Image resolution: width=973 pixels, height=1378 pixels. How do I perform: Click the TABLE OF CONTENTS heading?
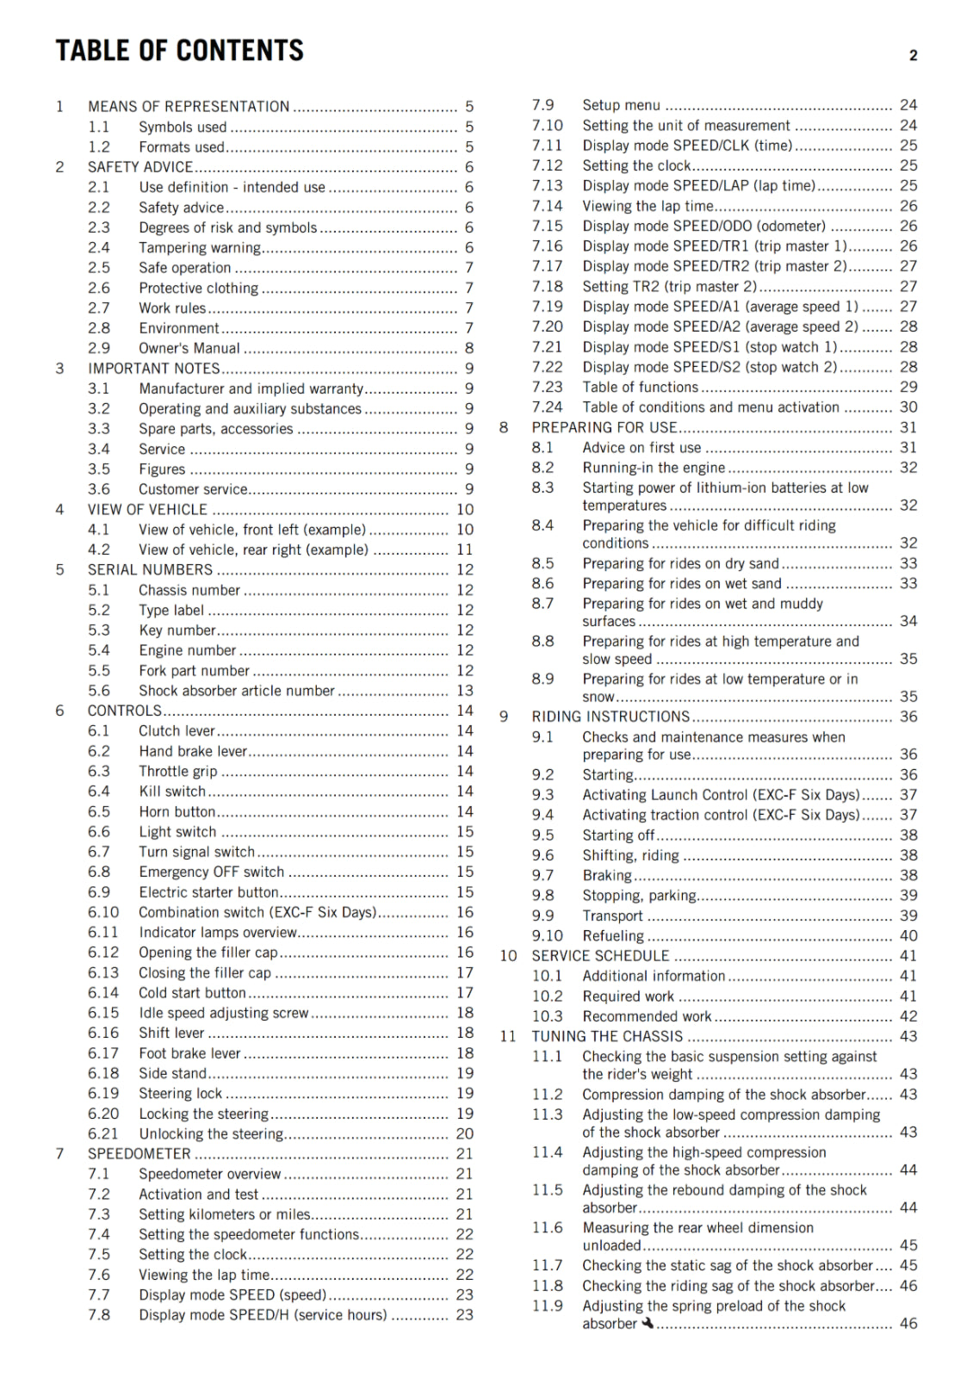[179, 51]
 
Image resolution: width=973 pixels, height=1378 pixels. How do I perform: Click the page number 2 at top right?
[913, 56]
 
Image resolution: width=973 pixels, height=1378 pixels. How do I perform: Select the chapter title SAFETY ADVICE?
[140, 167]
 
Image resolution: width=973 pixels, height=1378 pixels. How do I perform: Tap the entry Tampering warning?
[200, 248]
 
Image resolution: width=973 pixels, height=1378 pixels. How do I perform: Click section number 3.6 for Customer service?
[99, 489]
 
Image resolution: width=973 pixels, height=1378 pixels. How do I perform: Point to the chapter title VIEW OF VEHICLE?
[147, 510]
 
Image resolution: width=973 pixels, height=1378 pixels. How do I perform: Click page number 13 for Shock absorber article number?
[465, 691]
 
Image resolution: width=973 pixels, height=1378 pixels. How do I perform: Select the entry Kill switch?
[172, 791]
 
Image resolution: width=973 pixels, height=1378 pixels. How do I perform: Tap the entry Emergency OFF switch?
[211, 872]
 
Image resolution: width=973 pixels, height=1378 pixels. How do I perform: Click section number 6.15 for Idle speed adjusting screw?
[103, 1013]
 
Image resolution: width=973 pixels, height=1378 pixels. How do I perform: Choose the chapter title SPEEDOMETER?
[139, 1154]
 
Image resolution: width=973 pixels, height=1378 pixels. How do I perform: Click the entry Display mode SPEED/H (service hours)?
[263, 1315]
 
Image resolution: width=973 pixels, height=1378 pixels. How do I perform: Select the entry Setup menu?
[621, 105]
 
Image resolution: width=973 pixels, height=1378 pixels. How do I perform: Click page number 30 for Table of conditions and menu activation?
[908, 407]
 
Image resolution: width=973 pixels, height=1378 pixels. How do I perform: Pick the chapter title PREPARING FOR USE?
[604, 427]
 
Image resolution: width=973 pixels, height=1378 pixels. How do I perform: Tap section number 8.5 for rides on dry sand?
[542, 563]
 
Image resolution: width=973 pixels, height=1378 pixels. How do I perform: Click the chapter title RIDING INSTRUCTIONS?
[610, 717]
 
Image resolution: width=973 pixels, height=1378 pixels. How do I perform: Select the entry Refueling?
[613, 936]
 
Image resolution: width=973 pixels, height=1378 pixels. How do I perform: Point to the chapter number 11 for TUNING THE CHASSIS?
[508, 1037]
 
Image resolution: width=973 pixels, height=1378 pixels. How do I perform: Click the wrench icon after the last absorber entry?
[647, 1324]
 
